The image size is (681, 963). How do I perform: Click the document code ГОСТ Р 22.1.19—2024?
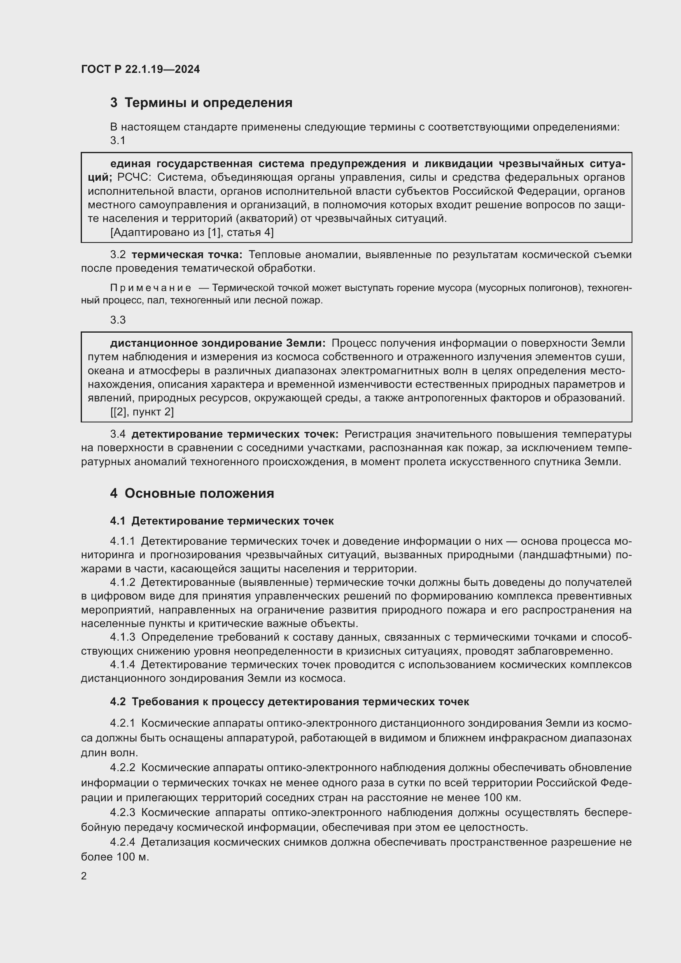pyautogui.click(x=140, y=69)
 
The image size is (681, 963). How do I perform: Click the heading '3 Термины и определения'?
pyautogui.click(x=201, y=103)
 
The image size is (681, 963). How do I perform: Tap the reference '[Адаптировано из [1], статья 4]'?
pyautogui.click(x=191, y=232)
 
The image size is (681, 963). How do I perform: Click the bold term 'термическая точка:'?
pyautogui.click(x=187, y=254)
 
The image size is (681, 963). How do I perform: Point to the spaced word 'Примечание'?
pyautogui.click(x=151, y=288)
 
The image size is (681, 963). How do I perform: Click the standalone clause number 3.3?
pyautogui.click(x=118, y=320)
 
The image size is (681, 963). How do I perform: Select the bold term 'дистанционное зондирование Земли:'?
pyautogui.click(x=218, y=343)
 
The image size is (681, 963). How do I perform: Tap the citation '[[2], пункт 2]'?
pyautogui.click(x=142, y=412)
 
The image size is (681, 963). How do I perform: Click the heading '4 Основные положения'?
pyautogui.click(x=192, y=493)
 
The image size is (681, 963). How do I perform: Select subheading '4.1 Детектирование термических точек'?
pyautogui.click(x=222, y=521)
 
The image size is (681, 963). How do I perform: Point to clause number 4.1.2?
pyautogui.click(x=122, y=582)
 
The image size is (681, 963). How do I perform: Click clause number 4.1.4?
pyautogui.click(x=122, y=665)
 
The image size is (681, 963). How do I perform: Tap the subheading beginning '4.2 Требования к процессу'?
pyautogui.click(x=289, y=702)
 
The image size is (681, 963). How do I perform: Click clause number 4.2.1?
pyautogui.click(x=122, y=723)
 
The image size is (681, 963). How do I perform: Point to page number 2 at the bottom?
pyautogui.click(x=84, y=876)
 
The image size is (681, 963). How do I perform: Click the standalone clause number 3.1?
pyautogui.click(x=118, y=140)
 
